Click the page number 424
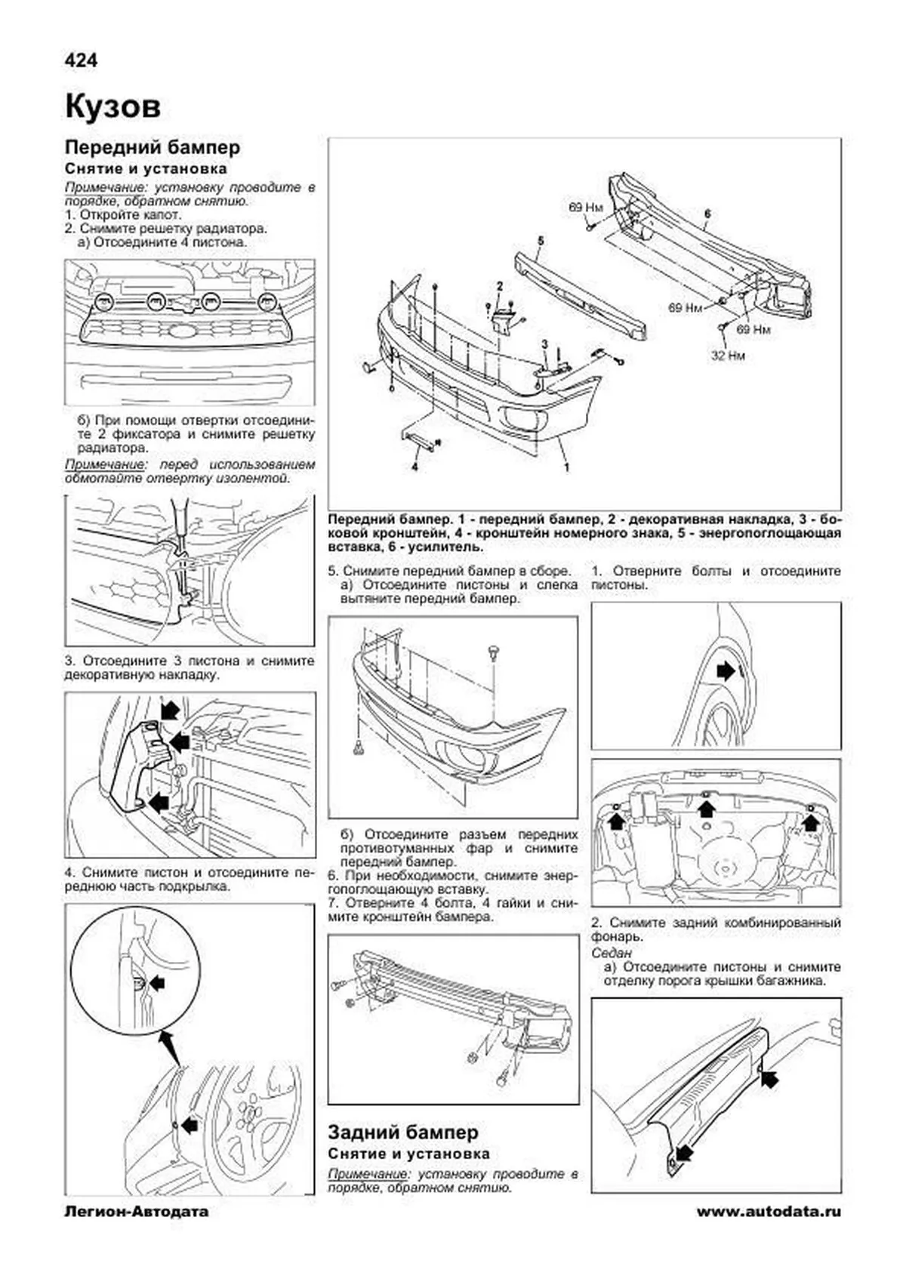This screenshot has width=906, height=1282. (x=81, y=60)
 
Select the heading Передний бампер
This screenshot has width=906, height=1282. (x=152, y=147)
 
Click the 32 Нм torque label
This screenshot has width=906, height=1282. (x=727, y=355)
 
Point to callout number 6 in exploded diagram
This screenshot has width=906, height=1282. (x=707, y=214)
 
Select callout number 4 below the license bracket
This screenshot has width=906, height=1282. (x=414, y=467)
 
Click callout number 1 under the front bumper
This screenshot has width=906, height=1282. (x=566, y=467)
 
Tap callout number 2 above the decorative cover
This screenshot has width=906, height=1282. (x=499, y=285)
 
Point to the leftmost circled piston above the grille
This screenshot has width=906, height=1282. (x=104, y=301)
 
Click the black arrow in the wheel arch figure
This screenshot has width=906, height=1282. (x=726, y=670)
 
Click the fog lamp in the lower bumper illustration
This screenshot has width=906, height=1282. (x=462, y=756)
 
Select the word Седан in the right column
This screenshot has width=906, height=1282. (x=612, y=954)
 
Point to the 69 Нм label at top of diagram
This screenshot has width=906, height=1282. (x=586, y=206)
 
